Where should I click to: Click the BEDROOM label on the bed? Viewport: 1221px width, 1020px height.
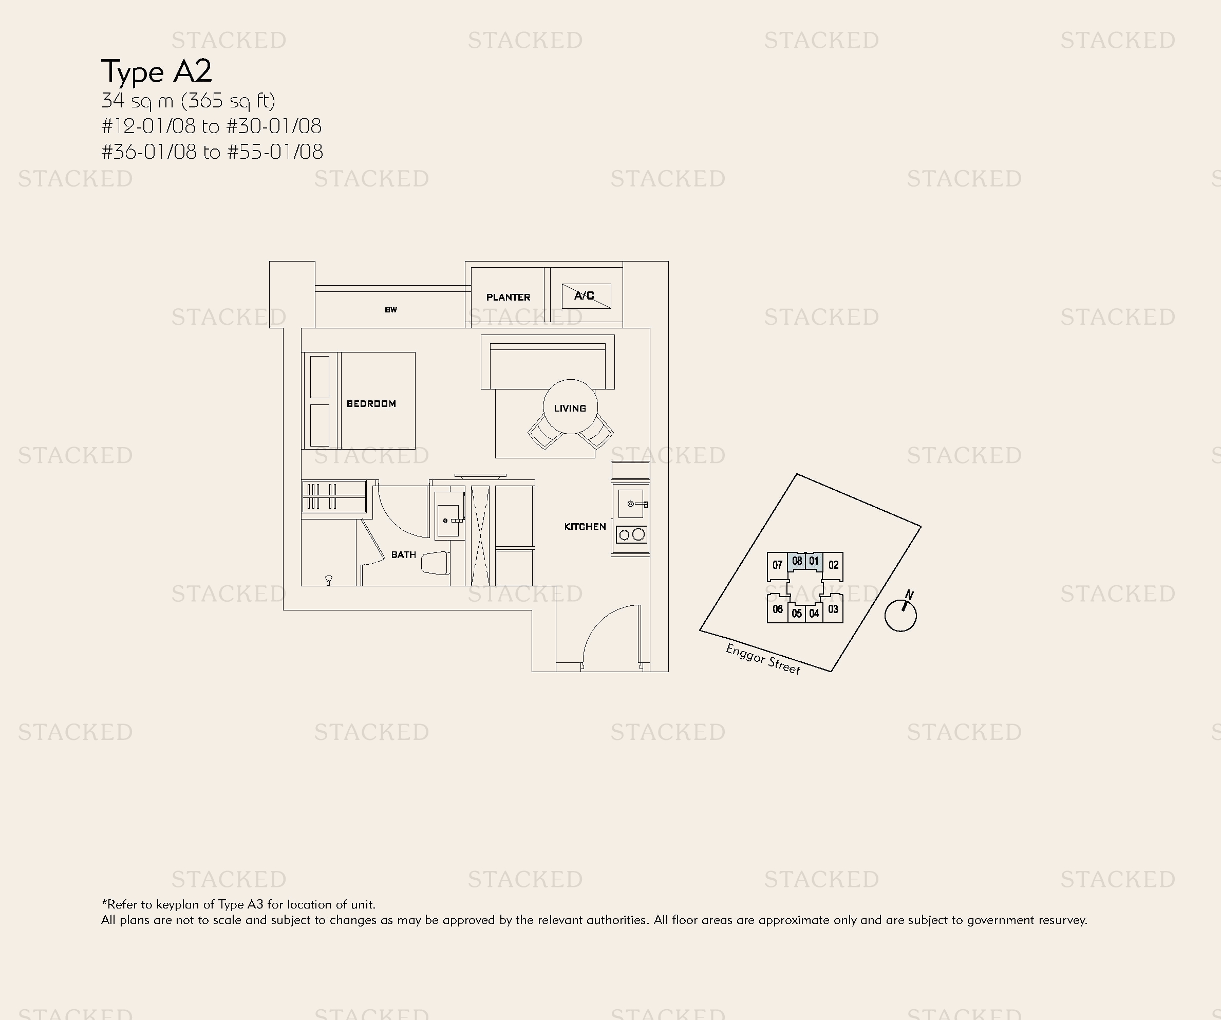[371, 403]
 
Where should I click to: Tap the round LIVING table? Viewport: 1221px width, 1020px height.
[570, 407]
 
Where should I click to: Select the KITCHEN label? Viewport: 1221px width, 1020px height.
[585, 526]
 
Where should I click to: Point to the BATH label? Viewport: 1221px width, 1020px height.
[404, 555]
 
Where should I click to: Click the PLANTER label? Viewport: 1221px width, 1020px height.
[508, 297]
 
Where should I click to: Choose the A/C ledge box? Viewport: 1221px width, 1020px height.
[586, 296]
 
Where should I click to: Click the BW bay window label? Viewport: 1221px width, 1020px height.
[391, 310]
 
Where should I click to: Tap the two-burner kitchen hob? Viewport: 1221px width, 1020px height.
[631, 534]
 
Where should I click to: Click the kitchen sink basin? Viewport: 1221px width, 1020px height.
[630, 504]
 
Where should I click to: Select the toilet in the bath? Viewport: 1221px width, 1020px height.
[436, 563]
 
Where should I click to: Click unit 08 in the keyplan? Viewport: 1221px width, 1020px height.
[797, 561]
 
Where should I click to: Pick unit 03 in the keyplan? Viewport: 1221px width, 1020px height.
[833, 609]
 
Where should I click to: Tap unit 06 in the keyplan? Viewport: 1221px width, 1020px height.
[777, 609]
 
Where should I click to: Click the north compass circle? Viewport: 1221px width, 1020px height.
[900, 616]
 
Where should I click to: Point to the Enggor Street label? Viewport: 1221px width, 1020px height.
[763, 659]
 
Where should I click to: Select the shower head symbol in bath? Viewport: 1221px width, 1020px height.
[329, 579]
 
